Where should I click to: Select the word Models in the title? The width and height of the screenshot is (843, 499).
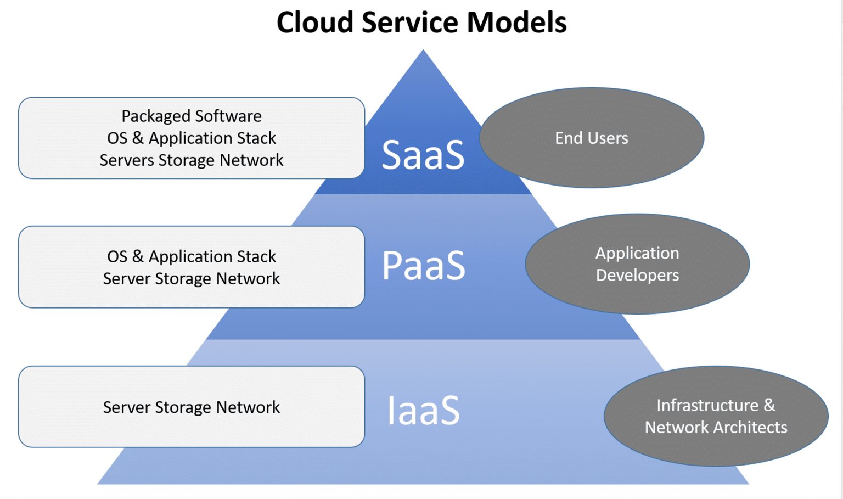(x=516, y=22)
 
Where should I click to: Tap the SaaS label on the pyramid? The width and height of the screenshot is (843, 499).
(x=423, y=155)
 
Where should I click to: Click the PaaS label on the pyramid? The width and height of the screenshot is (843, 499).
(x=423, y=265)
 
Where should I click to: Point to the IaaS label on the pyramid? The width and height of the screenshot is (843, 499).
(x=423, y=410)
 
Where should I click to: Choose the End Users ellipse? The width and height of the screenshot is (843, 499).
(x=592, y=138)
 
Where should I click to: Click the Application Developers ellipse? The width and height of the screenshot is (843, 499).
(x=637, y=264)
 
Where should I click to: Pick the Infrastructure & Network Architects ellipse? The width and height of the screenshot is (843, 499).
(x=716, y=416)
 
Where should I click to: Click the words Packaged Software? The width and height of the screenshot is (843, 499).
(x=192, y=116)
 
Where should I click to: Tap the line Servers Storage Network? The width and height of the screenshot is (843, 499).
(x=192, y=160)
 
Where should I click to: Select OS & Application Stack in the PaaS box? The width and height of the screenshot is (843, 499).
(x=192, y=257)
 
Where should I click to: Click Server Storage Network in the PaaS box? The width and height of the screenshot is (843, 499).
(x=192, y=279)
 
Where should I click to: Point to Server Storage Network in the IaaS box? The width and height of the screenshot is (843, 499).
(x=192, y=407)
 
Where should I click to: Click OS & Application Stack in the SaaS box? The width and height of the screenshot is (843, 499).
(x=192, y=138)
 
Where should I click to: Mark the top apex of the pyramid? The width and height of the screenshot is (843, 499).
(x=423, y=49)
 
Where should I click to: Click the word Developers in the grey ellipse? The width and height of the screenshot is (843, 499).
(x=638, y=275)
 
